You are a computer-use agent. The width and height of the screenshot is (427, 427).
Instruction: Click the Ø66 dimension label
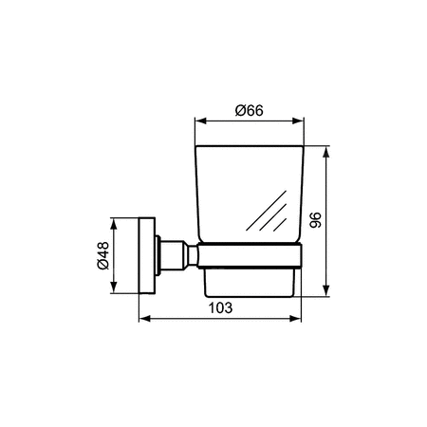pyautogui.click(x=249, y=110)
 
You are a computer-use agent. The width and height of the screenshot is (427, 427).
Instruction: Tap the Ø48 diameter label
pyautogui.click(x=103, y=257)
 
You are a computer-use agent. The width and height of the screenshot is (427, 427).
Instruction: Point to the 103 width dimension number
pyautogui.click(x=219, y=309)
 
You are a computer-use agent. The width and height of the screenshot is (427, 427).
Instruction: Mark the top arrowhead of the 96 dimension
pyautogui.click(x=326, y=149)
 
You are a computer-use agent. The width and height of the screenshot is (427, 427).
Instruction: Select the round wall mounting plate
pyautogui.click(x=145, y=256)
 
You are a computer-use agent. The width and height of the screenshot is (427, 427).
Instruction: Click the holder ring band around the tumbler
pyautogui.click(x=249, y=253)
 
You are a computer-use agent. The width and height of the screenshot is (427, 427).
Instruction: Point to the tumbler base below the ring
pyautogui.click(x=249, y=279)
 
